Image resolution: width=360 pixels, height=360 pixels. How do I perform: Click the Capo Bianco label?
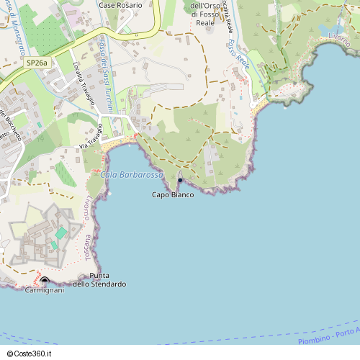click(x=173, y=195)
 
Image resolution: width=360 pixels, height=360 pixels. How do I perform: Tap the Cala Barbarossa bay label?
click(x=132, y=175)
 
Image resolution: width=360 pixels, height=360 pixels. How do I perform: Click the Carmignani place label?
click(x=45, y=290)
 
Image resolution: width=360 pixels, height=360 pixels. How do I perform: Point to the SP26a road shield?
click(x=37, y=63)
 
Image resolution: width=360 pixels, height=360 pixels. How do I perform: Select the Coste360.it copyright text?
click(x=31, y=353)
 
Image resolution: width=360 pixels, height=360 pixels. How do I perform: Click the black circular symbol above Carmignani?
click(x=45, y=280)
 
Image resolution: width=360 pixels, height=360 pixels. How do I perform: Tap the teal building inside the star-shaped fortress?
click(x=61, y=233)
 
